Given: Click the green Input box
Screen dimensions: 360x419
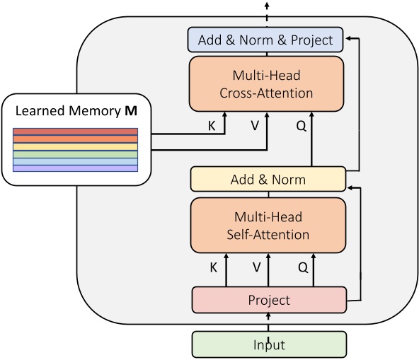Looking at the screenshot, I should tap(269, 344).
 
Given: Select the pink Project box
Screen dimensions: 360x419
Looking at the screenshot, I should tap(269, 300).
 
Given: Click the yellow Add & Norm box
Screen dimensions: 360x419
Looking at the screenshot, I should tap(268, 179).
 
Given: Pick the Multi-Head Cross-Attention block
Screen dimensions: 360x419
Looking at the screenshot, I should tap(266, 83).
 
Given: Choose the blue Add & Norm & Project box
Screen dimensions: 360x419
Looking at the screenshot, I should tap(265, 40).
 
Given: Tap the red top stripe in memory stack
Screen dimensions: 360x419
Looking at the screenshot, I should tap(75, 132).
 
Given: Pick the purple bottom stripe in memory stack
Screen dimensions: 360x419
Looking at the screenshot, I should tap(75, 168).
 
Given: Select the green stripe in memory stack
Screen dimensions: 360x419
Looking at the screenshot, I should tap(75, 153).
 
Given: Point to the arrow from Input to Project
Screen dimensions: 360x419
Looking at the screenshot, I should tap(268, 323).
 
